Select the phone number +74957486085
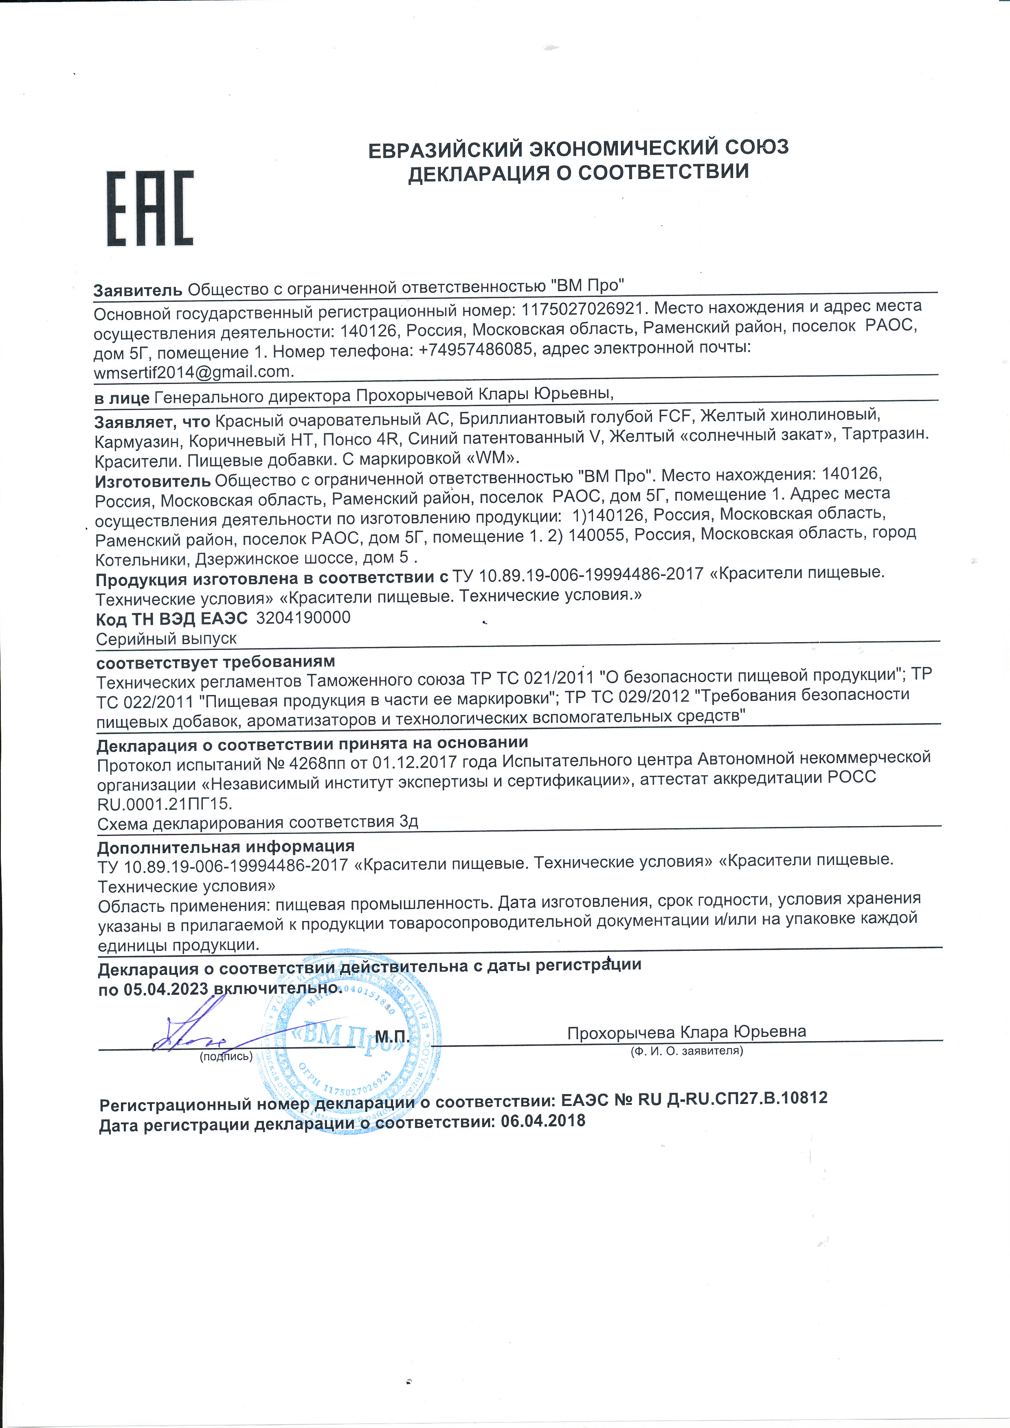coord(475,349)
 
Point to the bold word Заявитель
coord(137,290)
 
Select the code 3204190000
coord(303,618)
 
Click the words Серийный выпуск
coord(166,639)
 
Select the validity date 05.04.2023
coord(165,989)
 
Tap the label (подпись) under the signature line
coord(226,1056)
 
